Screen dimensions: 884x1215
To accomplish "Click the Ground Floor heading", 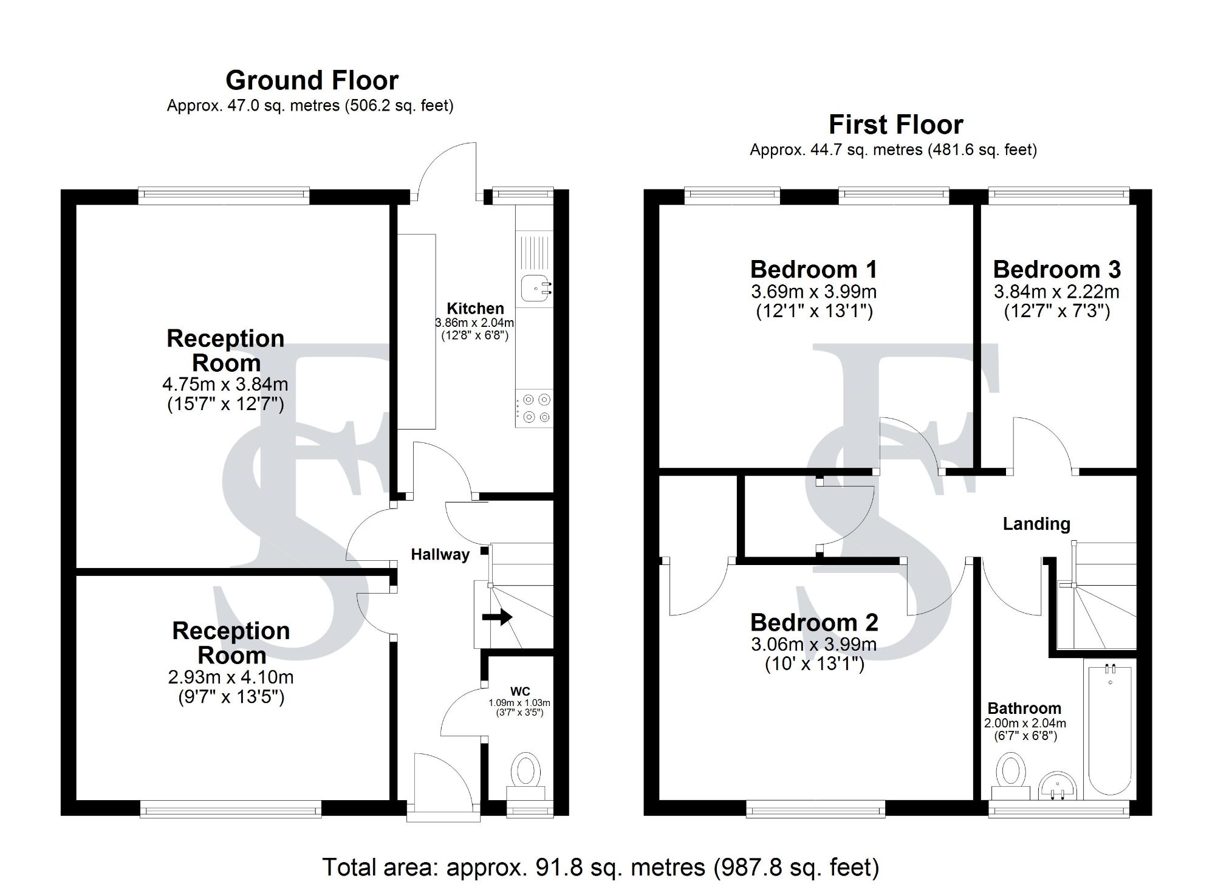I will tap(312, 80).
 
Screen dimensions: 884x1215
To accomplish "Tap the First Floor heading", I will tap(895, 125).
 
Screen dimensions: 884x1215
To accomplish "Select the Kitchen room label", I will tap(475, 308).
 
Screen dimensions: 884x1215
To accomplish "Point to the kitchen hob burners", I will tap(535, 408).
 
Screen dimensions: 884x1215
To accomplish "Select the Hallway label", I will tap(440, 554).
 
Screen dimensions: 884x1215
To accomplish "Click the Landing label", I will tap(1036, 524).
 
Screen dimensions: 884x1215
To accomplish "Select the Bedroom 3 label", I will tap(1056, 269).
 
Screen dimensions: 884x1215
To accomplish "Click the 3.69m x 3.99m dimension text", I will tap(813, 292).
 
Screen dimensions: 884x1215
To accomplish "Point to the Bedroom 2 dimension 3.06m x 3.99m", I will tap(813, 645).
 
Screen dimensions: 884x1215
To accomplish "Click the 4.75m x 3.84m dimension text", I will tap(225, 385).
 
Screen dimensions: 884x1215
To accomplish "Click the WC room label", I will tap(520, 691).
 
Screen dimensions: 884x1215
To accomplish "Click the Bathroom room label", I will tap(1024, 708).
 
